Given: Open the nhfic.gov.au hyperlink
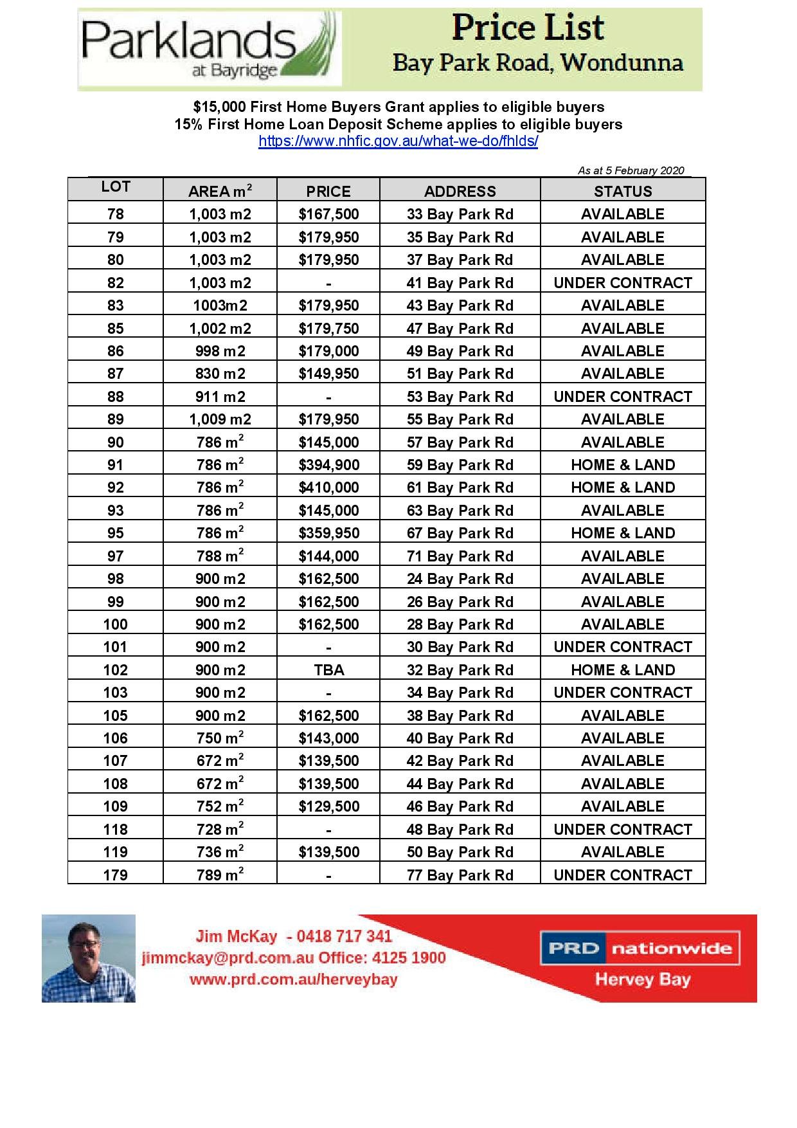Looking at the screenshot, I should [398, 141].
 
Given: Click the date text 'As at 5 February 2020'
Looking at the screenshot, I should [631, 170].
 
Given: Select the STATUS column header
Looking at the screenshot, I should [622, 191].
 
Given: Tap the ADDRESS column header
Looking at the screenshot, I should [460, 191].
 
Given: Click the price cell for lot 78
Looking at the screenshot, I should [328, 214].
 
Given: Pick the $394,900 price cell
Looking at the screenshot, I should [328, 465].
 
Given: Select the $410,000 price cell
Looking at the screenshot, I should [328, 487].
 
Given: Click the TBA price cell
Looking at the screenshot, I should [328, 670].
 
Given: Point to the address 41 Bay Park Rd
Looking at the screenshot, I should [460, 283].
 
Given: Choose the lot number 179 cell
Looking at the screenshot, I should [116, 875].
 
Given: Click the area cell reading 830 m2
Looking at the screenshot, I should [220, 374].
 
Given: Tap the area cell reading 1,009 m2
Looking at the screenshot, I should [220, 419].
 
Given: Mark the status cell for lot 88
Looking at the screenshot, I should [622, 397].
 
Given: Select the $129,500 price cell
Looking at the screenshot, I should [328, 806].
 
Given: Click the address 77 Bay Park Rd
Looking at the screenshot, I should [460, 875].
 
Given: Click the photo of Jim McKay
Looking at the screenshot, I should [89, 958].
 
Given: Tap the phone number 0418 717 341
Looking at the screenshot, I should [344, 936].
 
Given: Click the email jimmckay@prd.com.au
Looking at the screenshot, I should [228, 958].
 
